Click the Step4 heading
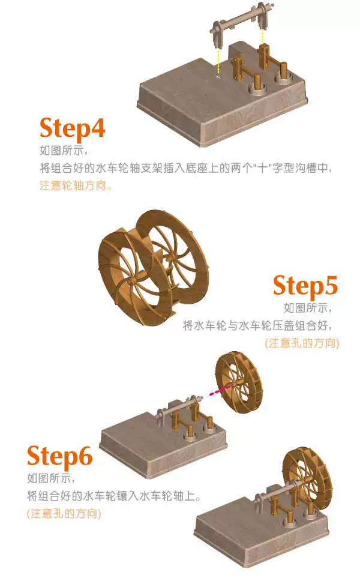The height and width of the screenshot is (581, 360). pos(72,129)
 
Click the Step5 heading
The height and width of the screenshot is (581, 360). pos(305,286)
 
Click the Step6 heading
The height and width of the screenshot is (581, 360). pos(59,457)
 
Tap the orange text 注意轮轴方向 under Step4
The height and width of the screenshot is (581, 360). pos(76,185)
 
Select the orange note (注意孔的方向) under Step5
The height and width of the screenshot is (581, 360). pos(302,343)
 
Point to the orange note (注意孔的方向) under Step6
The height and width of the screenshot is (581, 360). pos(64,514)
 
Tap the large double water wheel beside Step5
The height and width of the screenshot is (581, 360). pos(154,267)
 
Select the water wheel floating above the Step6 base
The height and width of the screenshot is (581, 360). pos(239,381)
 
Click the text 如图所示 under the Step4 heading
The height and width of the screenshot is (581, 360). pos(64,151)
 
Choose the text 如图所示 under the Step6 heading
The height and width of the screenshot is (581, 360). pos(51,478)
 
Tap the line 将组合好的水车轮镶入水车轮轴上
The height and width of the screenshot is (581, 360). pos(114,496)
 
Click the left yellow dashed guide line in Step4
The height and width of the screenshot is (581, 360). pos(218,62)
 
